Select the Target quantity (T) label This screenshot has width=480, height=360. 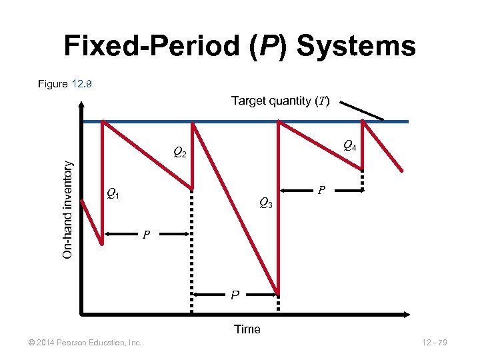tap(281, 101)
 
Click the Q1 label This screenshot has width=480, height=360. tap(113, 195)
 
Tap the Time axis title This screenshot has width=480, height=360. tap(247, 329)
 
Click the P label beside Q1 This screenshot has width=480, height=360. tap(145, 235)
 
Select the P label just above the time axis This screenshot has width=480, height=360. tap(235, 295)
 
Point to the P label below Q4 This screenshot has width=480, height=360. tap(321, 191)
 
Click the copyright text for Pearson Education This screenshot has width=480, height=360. tap(81, 343)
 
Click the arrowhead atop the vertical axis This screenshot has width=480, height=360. tap(81, 105)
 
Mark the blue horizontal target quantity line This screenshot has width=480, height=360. tap(233, 121)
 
